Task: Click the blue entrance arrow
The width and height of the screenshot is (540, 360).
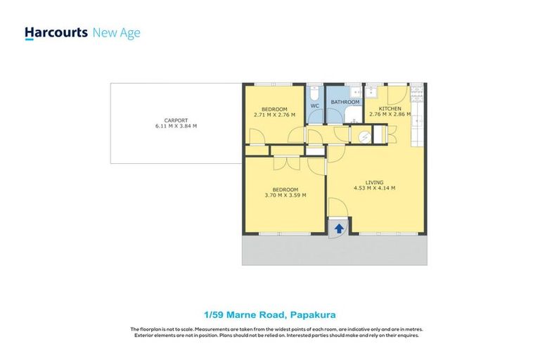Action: (339, 229)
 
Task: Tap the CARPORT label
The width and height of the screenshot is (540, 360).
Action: (175, 120)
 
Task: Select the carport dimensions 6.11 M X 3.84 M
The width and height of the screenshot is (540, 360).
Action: (176, 127)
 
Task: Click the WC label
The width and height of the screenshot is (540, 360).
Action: (315, 106)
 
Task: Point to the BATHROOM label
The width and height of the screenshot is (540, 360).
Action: (345, 102)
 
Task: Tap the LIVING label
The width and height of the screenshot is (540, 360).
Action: (375, 182)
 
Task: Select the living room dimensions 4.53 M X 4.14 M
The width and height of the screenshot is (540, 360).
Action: (375, 188)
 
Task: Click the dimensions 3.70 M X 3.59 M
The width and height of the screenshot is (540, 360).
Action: (285, 195)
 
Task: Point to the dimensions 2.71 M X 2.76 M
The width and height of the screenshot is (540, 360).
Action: (274, 115)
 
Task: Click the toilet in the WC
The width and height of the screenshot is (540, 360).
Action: (315, 93)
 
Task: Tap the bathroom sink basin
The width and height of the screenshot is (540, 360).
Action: (358, 91)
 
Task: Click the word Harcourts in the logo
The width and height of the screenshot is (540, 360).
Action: (56, 33)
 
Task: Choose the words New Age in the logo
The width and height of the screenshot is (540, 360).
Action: (117, 33)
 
